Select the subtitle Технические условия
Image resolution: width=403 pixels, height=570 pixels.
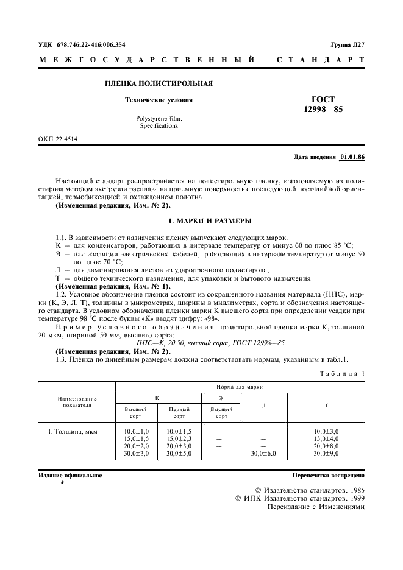tap(158, 100)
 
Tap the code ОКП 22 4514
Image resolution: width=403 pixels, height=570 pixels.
tap(58, 139)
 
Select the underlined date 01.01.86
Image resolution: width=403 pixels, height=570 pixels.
tap(352, 158)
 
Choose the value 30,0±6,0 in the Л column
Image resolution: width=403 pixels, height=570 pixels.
tap(263, 454)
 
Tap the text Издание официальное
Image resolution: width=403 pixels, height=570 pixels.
tap(70, 475)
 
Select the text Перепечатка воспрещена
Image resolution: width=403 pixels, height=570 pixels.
tap(328, 475)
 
